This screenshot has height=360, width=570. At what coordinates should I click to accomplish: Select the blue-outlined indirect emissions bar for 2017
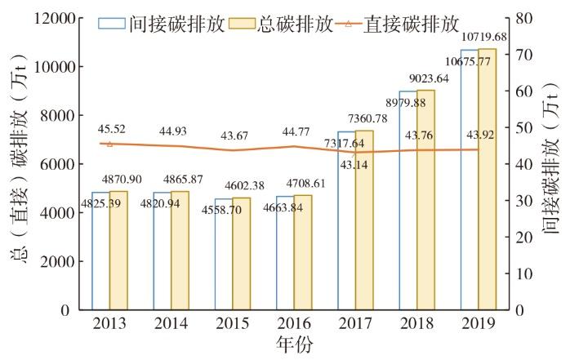click(x=346, y=220)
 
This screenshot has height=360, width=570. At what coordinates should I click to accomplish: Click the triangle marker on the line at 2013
click(x=109, y=144)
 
